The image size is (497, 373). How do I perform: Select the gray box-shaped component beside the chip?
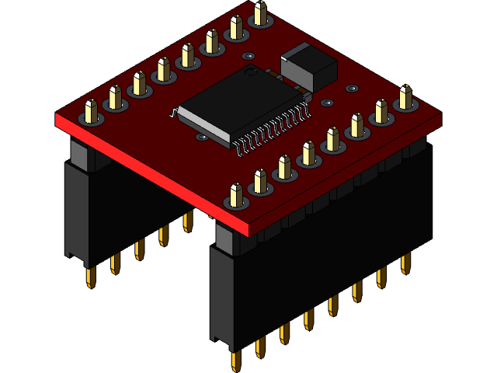[308, 65]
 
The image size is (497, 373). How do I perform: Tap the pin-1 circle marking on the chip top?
[251, 72]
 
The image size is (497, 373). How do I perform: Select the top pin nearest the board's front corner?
[236, 195]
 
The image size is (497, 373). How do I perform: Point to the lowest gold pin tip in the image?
[235, 361]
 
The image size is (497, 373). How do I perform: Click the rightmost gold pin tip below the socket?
[405, 263]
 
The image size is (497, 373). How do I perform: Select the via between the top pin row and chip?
[248, 56]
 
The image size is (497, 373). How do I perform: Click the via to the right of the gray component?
[351, 89]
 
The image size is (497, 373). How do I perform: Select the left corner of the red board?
[57, 118]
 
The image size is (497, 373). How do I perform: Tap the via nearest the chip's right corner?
[327, 102]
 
